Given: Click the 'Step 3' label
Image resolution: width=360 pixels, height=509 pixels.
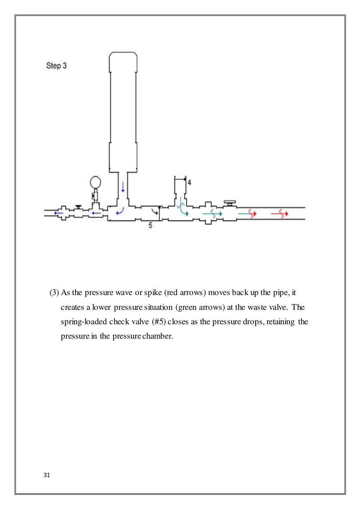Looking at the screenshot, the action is pyautogui.click(x=56, y=66).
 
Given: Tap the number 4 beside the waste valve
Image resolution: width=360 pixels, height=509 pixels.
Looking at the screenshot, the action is pyautogui.click(x=189, y=182).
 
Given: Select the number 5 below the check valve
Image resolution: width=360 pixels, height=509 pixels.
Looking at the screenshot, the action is pyautogui.click(x=150, y=226).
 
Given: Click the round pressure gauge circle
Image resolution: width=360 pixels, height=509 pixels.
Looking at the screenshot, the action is pyautogui.click(x=95, y=182).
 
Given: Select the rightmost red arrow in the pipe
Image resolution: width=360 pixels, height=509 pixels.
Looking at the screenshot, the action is pyautogui.click(x=280, y=213).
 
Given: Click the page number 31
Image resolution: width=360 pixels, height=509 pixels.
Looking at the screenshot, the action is pyautogui.click(x=47, y=475).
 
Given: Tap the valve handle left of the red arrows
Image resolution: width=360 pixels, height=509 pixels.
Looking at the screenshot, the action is pyautogui.click(x=230, y=203).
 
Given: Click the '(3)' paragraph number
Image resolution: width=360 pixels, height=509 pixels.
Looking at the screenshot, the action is pyautogui.click(x=54, y=293).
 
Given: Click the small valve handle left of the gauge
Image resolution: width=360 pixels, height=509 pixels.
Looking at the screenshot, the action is pyautogui.click(x=78, y=207).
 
